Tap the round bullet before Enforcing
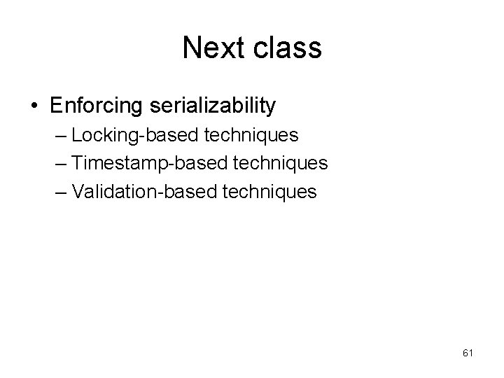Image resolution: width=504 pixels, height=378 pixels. pyautogui.click(x=34, y=106)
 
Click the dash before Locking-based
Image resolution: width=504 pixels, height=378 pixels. pyautogui.click(x=60, y=135)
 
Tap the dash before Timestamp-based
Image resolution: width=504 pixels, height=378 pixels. pyautogui.click(x=60, y=163)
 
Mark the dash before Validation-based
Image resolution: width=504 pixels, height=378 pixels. pyautogui.click(x=60, y=191)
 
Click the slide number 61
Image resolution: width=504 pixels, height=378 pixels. pyautogui.click(x=468, y=353)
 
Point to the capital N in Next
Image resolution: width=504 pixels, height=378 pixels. pyautogui.click(x=191, y=48)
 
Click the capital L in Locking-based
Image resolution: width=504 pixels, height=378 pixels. pyautogui.click(x=76, y=135)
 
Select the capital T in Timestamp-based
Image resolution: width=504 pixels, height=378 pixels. pyautogui.click(x=77, y=163)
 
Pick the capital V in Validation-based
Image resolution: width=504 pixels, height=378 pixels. pyautogui.click(x=77, y=191)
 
